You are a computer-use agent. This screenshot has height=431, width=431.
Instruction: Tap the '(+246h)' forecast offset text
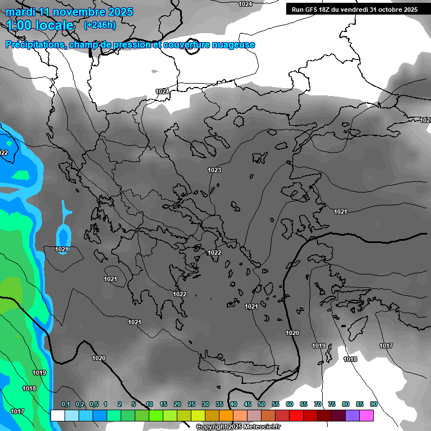[100, 25]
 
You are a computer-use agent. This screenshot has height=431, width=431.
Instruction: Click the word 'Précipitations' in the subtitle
[34, 45]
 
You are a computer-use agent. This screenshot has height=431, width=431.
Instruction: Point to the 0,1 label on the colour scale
[65, 404]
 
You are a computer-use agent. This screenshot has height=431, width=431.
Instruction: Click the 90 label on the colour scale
[374, 404]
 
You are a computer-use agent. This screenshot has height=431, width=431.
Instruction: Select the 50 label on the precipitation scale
[262, 404]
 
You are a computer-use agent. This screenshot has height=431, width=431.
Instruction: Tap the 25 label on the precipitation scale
[191, 404]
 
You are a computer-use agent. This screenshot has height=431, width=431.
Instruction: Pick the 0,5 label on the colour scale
[93, 404]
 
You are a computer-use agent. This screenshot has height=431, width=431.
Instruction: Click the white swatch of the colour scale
[57, 415]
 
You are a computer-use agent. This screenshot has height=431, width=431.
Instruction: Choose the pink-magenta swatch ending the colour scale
[366, 415]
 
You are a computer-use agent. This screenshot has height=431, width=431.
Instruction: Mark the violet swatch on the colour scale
[352, 415]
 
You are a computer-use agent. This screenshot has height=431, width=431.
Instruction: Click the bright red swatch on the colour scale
[296, 415]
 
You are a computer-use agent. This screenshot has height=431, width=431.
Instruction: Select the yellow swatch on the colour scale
[198, 415]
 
